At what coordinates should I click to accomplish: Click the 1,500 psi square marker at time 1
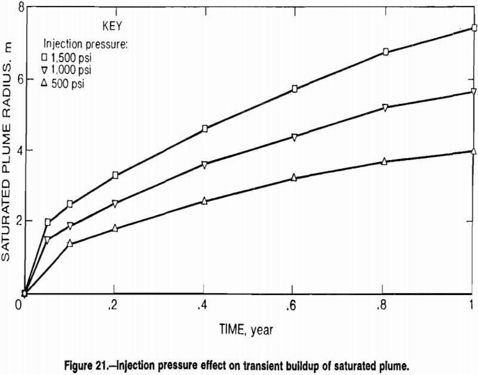(474, 28)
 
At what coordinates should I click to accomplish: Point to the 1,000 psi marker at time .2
(115, 204)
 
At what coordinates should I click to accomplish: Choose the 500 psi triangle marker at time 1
(474, 151)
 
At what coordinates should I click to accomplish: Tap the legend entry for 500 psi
(63, 83)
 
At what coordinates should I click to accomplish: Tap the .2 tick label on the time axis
(114, 305)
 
